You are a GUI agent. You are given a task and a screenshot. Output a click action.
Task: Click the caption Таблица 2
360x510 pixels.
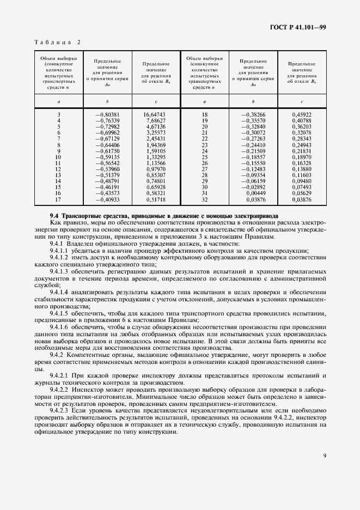[57, 42]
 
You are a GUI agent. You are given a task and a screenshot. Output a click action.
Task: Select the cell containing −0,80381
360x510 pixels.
[107, 115]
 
